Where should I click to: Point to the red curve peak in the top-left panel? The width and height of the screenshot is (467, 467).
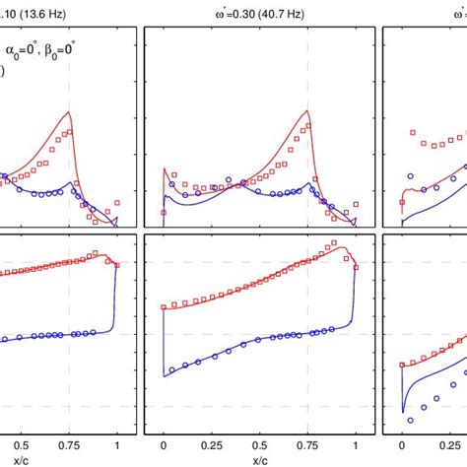69,112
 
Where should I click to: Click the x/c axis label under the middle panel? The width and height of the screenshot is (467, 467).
260,459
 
